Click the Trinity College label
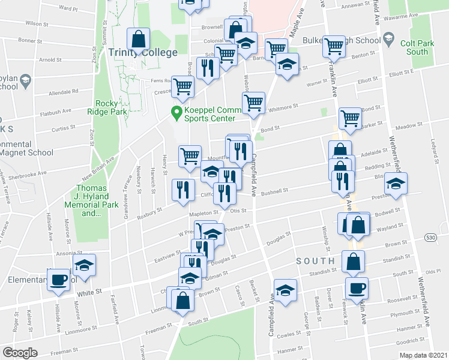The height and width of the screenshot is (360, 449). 143,52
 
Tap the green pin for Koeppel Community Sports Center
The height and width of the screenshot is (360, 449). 176,111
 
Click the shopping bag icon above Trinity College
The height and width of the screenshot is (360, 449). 139,39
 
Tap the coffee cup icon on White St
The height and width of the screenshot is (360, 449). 59,280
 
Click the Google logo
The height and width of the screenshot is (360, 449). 20,353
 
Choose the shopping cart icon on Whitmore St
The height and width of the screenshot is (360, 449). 253,103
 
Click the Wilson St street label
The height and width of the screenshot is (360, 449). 36,24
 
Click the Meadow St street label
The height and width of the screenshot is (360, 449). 406,126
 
